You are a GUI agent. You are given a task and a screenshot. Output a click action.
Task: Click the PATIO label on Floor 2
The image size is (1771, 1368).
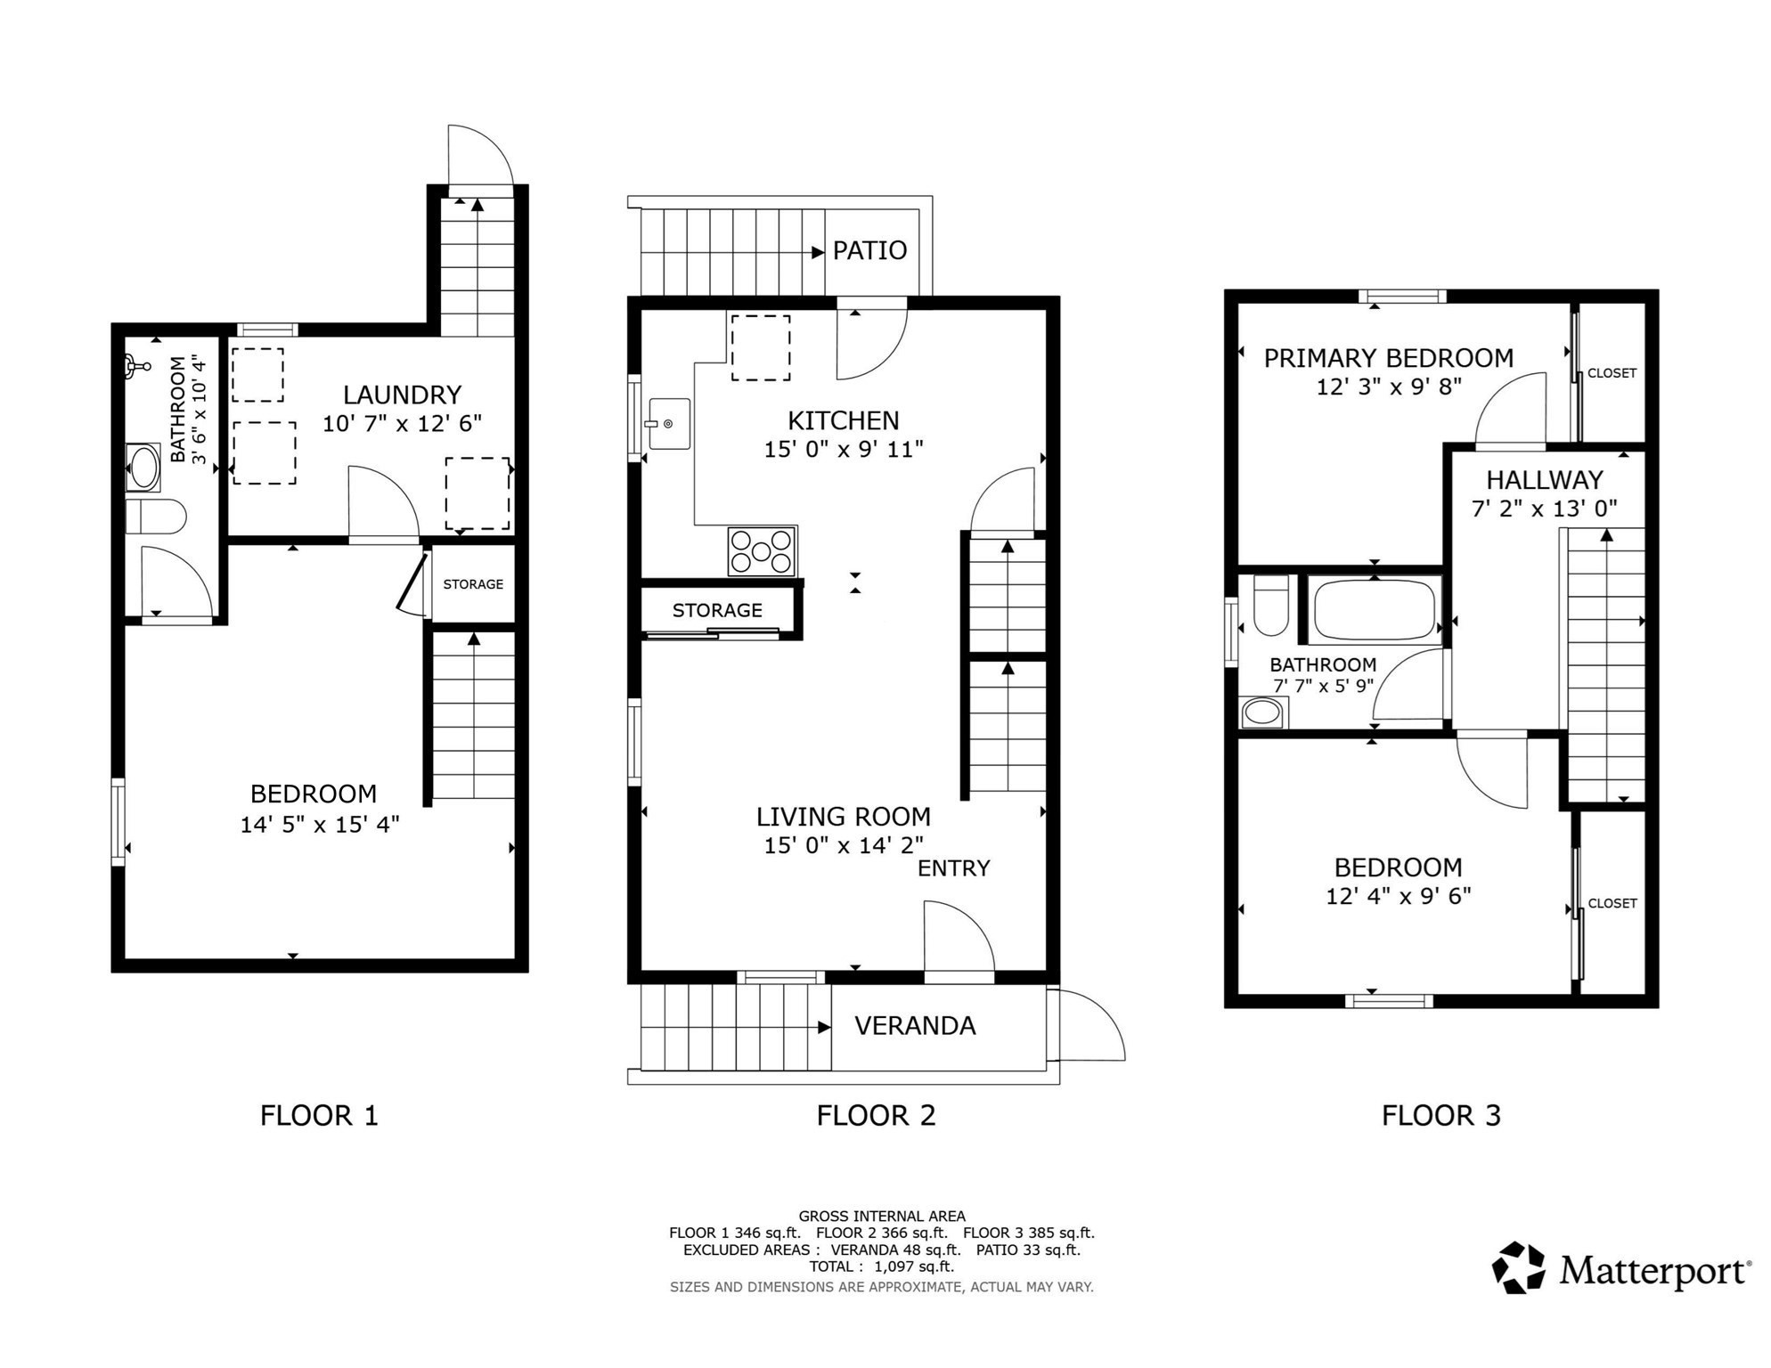click(869, 250)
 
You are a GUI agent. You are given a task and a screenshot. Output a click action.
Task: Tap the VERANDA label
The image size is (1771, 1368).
click(914, 1026)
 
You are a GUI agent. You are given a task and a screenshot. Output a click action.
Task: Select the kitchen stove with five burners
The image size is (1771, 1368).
click(761, 551)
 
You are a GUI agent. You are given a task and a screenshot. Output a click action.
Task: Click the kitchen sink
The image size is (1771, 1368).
click(668, 424)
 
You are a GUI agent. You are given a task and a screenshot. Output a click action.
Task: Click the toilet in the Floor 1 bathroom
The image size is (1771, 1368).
click(155, 517)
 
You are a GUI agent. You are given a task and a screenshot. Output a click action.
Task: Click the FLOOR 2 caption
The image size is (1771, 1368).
click(876, 1115)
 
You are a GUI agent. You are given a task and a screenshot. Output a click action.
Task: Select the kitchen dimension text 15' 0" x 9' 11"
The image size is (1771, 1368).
click(843, 450)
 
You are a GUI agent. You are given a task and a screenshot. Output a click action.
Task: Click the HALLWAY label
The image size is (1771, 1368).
click(1544, 480)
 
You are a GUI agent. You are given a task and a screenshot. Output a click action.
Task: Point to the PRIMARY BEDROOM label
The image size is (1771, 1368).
click(1388, 358)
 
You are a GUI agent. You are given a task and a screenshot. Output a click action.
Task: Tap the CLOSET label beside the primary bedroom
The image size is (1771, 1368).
click(1612, 373)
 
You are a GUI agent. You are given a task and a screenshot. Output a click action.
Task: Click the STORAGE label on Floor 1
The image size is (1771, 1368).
click(473, 584)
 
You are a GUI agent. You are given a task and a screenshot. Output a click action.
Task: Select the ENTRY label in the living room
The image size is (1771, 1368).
click(953, 868)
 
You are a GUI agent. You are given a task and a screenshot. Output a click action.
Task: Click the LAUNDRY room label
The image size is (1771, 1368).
click(402, 395)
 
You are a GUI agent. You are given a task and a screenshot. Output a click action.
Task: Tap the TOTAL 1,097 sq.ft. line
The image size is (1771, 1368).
click(881, 1266)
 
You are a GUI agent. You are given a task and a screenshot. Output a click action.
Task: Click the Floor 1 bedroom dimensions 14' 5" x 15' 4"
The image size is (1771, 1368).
click(319, 825)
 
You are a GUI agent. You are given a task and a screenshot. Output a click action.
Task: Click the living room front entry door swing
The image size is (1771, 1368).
click(957, 940)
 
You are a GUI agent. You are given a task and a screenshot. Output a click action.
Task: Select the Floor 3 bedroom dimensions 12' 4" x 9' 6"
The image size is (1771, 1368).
click(1397, 896)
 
